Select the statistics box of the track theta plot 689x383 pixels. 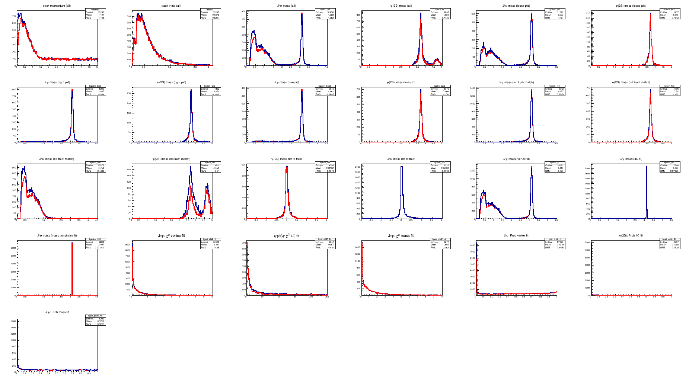click(x=211, y=14)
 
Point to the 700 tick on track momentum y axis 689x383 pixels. click(x=14, y=16)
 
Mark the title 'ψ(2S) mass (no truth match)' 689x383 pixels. click(x=171, y=159)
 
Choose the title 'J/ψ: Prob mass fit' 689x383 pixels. click(x=57, y=312)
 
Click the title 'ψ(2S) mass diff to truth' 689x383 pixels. click(x=286, y=159)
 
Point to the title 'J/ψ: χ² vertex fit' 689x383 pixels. click(x=171, y=236)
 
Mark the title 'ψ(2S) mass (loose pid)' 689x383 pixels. click(x=631, y=6)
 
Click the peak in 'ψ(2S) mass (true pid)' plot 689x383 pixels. click(x=421, y=90)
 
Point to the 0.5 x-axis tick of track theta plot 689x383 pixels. click(x=144, y=67)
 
